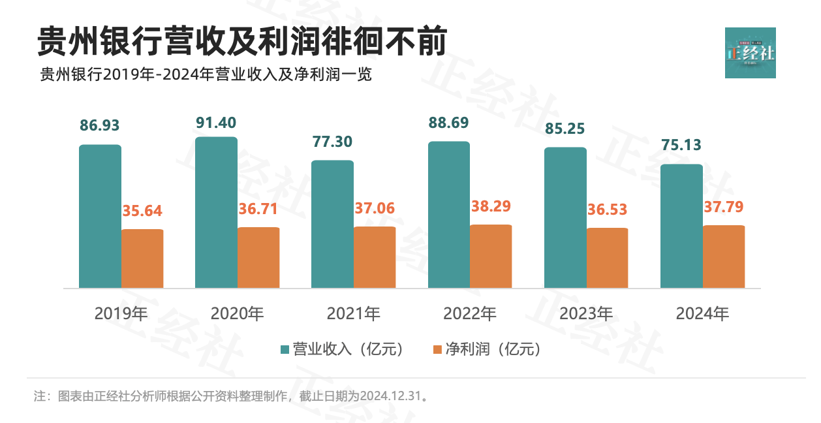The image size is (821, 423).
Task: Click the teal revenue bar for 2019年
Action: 100,216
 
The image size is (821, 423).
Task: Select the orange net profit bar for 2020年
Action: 258,257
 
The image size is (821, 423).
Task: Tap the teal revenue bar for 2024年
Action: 681,226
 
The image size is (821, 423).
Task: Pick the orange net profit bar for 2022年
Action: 491,256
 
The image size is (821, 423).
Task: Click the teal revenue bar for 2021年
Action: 332,224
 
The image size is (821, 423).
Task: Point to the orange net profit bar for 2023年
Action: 607,258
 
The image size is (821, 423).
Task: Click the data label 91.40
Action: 216,123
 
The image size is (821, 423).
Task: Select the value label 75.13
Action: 681,145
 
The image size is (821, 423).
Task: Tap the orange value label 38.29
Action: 491,206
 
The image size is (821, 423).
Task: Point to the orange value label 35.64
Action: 142,211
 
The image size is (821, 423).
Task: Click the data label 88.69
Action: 449,123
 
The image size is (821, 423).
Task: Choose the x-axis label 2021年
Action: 353,314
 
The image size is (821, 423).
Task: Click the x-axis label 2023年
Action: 586,314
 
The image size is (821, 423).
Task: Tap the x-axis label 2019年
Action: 121,314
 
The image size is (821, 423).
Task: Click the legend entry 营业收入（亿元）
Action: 342,349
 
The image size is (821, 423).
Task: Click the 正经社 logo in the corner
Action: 750,53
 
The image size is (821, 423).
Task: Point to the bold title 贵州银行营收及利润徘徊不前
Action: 242,42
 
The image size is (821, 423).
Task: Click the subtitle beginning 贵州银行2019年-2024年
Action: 206,74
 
